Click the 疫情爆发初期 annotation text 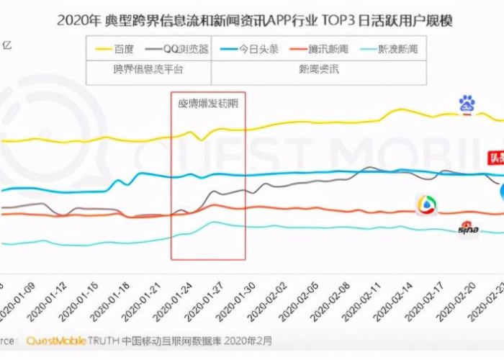coord(208,103)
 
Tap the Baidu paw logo coord(467,104)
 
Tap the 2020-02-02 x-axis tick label coord(268,300)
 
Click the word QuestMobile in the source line coord(57,341)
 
